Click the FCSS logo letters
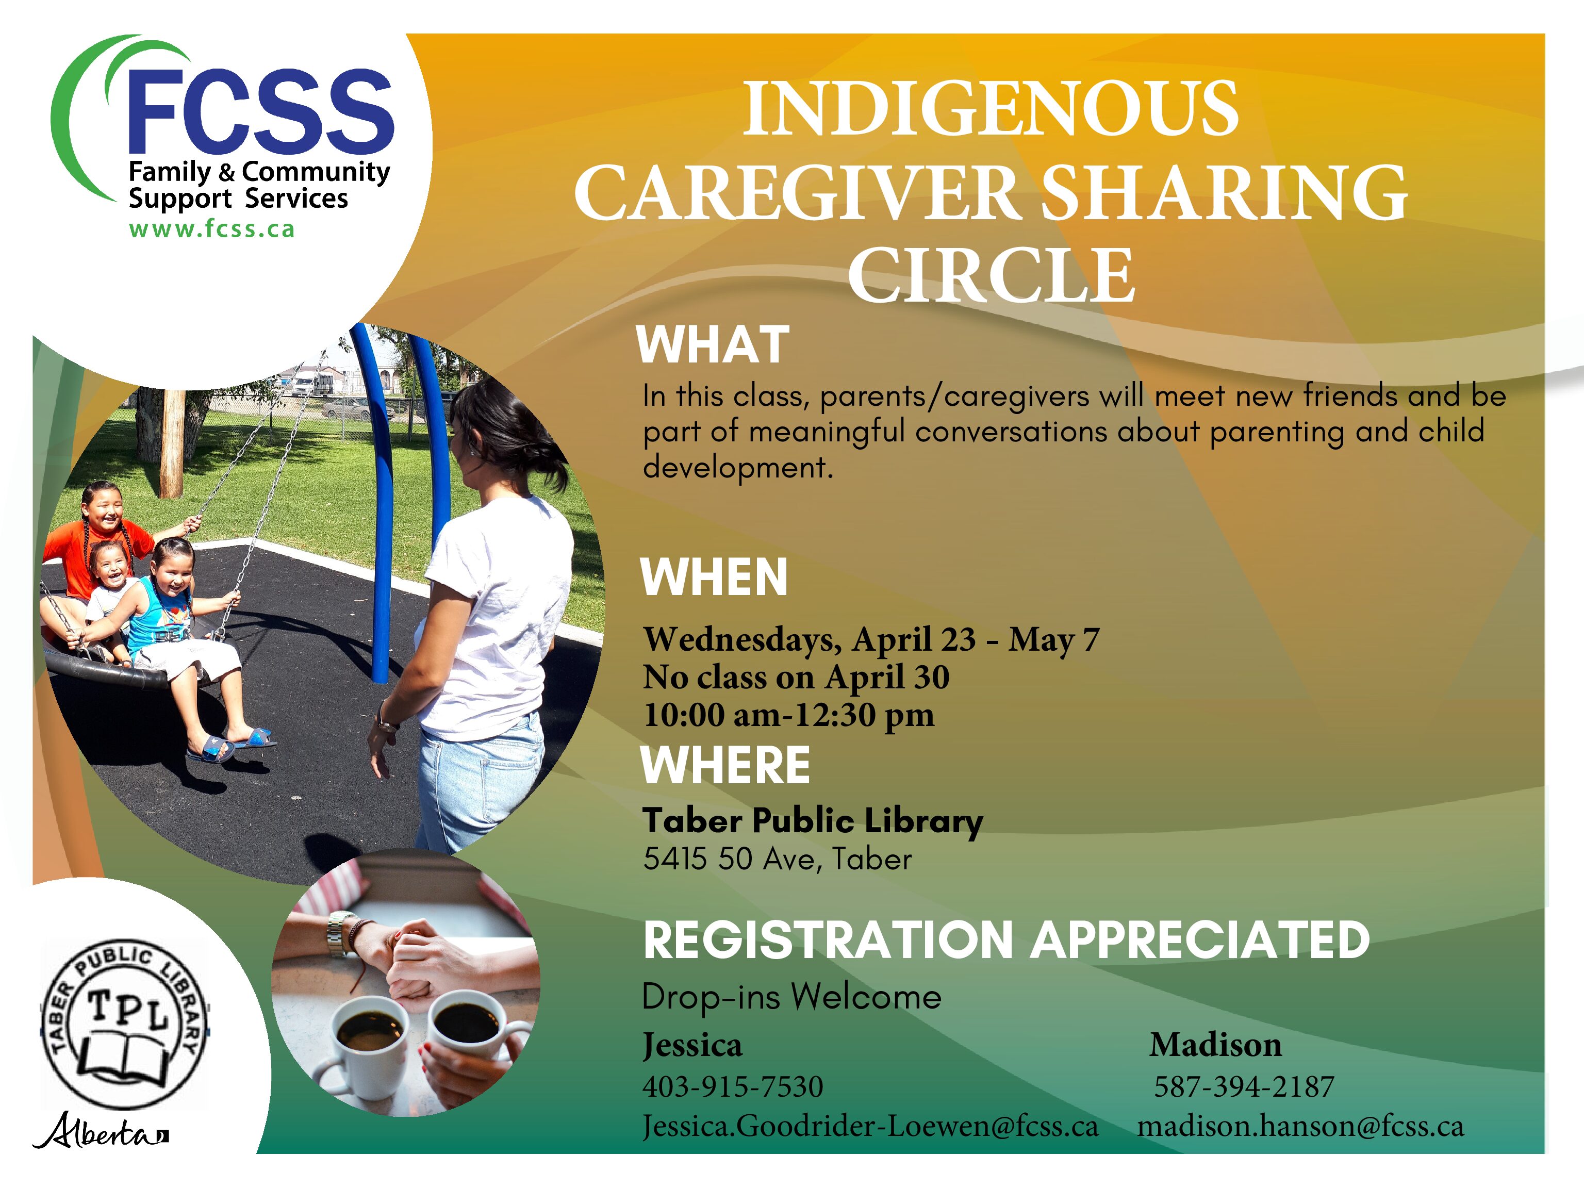pyautogui.click(x=260, y=111)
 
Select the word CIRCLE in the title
pyautogui.click(x=991, y=275)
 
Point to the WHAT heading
pyautogui.click(x=713, y=344)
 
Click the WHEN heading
pyautogui.click(x=714, y=576)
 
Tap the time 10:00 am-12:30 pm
pyautogui.click(x=788, y=715)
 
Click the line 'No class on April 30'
pyautogui.click(x=796, y=676)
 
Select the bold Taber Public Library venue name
pyautogui.click(x=813, y=821)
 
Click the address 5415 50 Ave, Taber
pyautogui.click(x=777, y=859)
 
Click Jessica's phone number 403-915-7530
pyautogui.click(x=733, y=1086)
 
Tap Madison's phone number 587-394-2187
pyautogui.click(x=1244, y=1086)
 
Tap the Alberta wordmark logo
pyautogui.click(x=100, y=1131)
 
